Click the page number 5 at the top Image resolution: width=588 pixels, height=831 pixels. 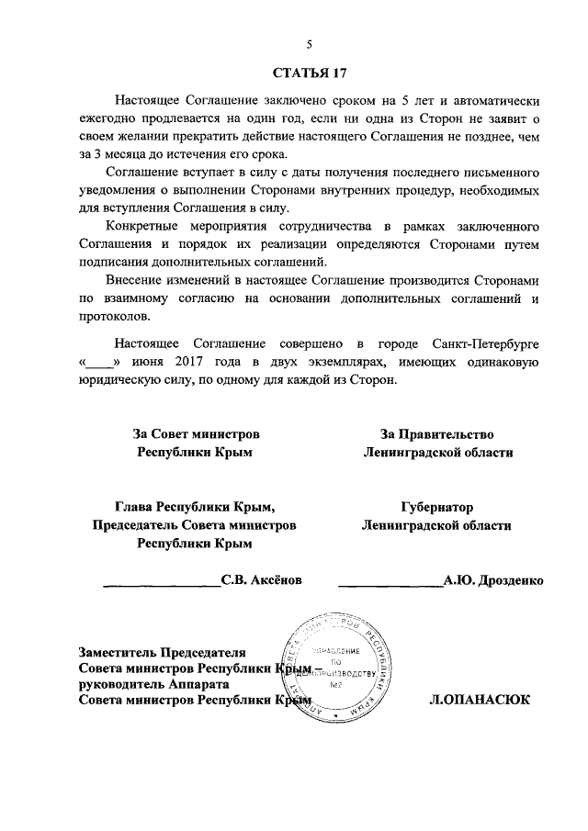(x=310, y=44)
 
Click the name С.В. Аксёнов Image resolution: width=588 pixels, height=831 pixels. (x=262, y=580)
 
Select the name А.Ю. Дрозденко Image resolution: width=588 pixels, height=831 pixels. (x=493, y=580)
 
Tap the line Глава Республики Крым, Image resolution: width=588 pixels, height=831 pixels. (x=195, y=506)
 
